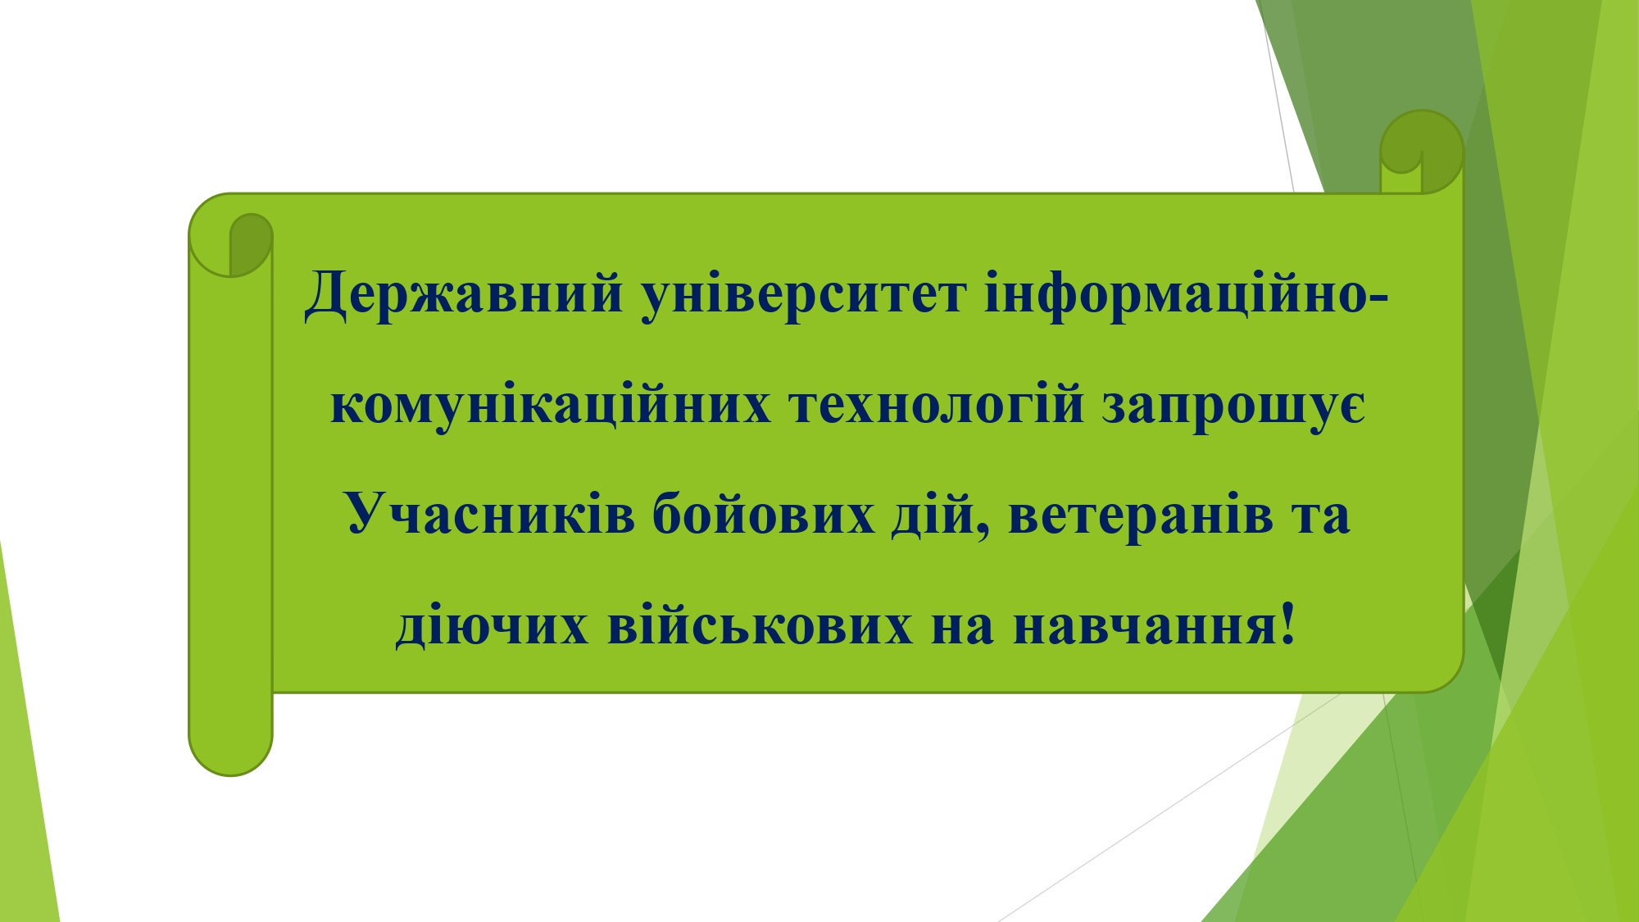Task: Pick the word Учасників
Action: coord(490,516)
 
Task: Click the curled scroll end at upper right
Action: coord(1422,152)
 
